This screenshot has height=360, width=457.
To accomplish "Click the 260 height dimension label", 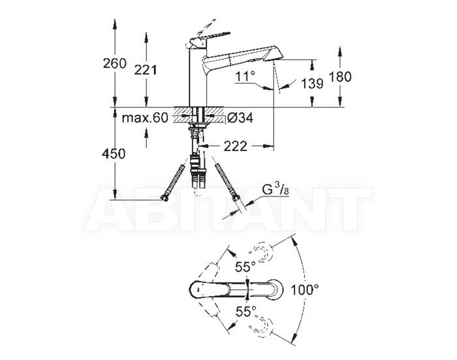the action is [x=114, y=63].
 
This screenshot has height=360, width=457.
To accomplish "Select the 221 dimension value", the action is [x=146, y=70].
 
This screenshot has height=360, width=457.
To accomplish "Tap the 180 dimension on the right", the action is [x=340, y=77].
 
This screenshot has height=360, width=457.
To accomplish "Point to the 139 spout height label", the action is [x=312, y=83].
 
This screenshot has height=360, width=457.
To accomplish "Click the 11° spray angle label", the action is [x=245, y=77].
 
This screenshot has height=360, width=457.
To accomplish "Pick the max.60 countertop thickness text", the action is [x=145, y=118].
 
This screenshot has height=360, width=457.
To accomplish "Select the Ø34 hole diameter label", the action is [x=240, y=118].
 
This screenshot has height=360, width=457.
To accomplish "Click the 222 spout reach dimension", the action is [x=236, y=146].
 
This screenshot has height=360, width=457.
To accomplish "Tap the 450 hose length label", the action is [x=114, y=153].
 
